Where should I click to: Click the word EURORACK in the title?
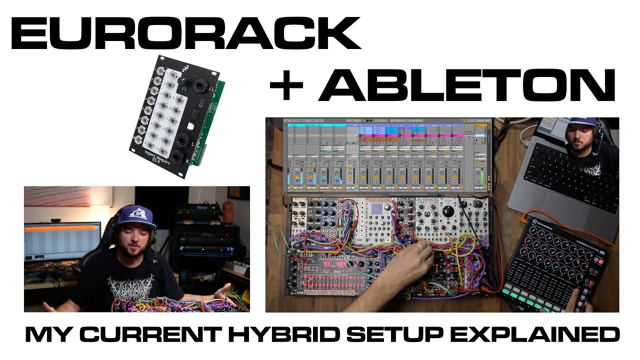pyautogui.click(x=185, y=34)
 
